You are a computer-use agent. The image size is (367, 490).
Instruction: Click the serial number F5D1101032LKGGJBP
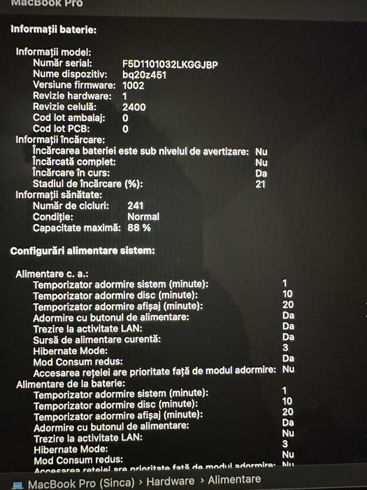click(170, 64)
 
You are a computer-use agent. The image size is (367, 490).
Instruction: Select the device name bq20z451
click(145, 74)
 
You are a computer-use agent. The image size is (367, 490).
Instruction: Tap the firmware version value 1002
click(133, 85)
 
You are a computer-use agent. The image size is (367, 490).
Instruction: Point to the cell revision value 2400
click(134, 107)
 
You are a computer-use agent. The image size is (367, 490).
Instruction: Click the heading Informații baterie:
click(53, 29)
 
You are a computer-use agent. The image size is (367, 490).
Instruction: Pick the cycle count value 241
click(136, 206)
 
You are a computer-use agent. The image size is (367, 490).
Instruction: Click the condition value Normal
click(143, 217)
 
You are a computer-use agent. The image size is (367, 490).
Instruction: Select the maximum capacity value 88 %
click(138, 227)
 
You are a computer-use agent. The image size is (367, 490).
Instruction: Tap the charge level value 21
click(261, 183)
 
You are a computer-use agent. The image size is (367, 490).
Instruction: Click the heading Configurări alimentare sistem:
click(82, 251)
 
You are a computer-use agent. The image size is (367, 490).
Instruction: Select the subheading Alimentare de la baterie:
click(70, 383)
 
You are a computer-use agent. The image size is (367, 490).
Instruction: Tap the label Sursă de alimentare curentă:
click(96, 339)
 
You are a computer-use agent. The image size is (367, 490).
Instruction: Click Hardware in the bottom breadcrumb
click(171, 481)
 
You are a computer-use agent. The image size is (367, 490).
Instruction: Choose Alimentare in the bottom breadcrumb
click(234, 480)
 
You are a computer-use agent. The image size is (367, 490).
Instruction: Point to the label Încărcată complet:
click(71, 162)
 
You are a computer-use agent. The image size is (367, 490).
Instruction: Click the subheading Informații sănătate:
click(59, 195)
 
